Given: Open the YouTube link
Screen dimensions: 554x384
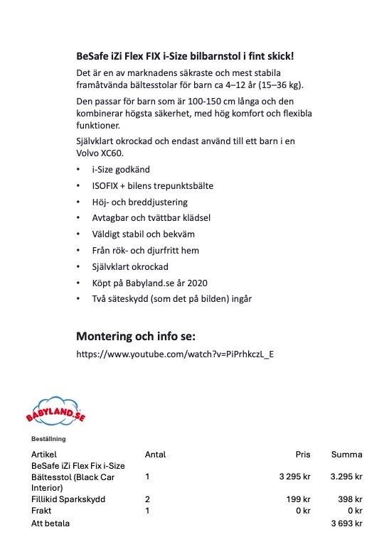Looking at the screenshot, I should pos(175,354).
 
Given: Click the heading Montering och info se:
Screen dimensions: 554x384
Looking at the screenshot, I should pos(135,335).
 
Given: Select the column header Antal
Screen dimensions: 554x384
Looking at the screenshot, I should pos(155,455).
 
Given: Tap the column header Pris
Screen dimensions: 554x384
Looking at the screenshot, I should pos(303,455).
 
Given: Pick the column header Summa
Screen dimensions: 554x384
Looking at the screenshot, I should pos(346,455).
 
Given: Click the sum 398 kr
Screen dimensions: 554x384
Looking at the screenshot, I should pos(350,499).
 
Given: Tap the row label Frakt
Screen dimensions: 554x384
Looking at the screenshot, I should pos(42,511).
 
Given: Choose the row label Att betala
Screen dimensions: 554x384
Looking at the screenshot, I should pos(50,523).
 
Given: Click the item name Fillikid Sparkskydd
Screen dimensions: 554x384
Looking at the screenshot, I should pos(68,499).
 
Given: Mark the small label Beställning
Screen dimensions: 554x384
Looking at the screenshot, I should pos(48,438).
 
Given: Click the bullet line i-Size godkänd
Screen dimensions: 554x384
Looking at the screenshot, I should pos(121,170).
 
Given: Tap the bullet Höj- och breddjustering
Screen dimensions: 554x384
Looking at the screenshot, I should pos(142,202).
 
